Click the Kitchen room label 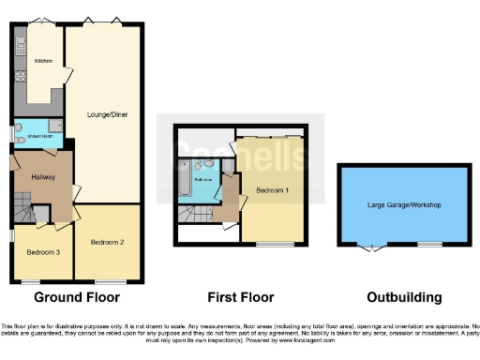(43, 61)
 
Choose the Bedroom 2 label (107, 242)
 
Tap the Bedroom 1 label (272, 189)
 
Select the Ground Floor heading (77, 298)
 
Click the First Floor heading (241, 298)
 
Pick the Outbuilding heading (403, 298)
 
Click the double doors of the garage (372, 247)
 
